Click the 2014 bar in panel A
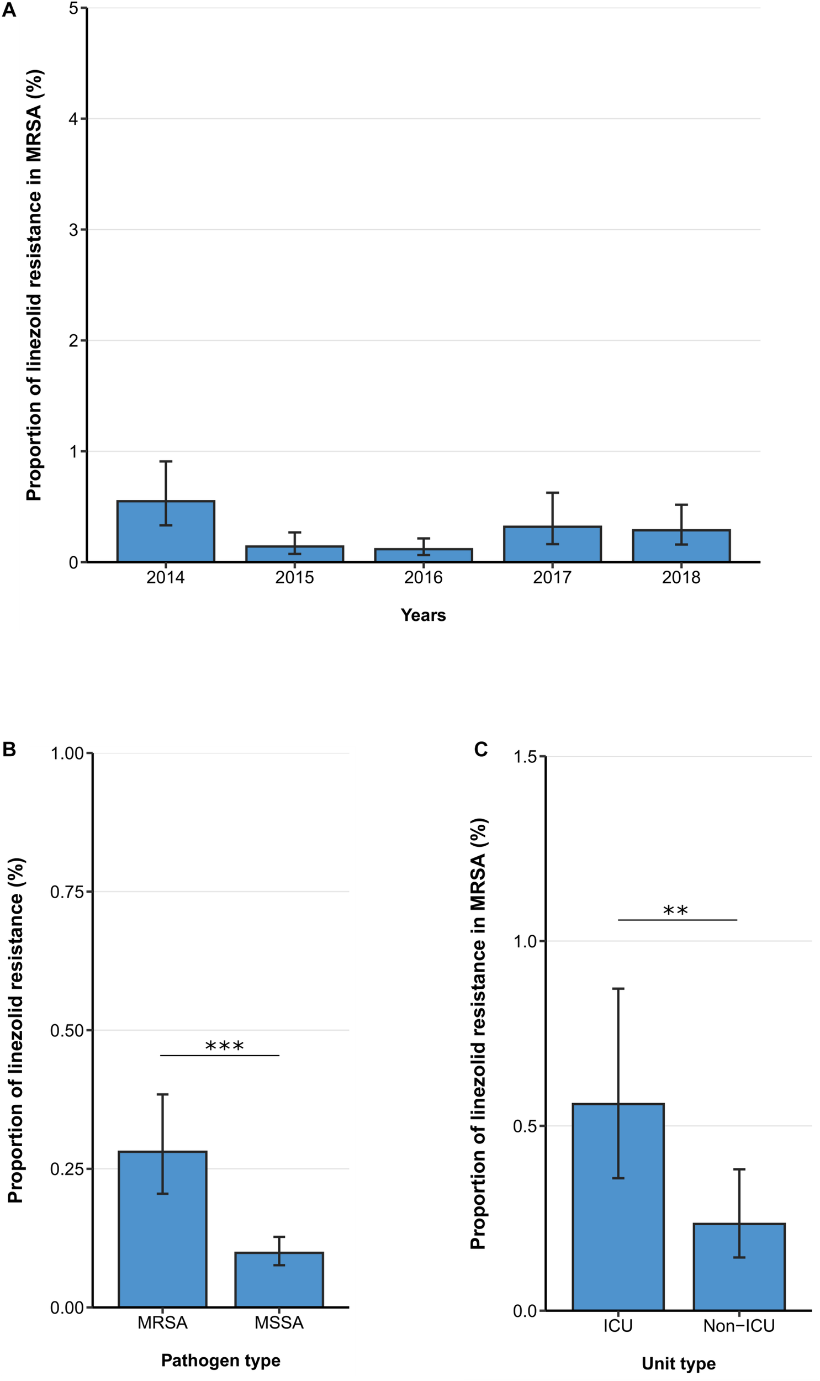(x=166, y=531)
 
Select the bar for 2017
(x=552, y=544)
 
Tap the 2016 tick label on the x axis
(x=424, y=577)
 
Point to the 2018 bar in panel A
(x=681, y=546)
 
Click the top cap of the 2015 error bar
(x=294, y=532)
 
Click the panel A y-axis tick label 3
(x=73, y=230)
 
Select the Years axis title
(x=424, y=615)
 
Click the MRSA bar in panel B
(x=162, y=1230)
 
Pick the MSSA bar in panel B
(x=279, y=1280)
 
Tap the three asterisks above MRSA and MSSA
(x=224, y=1046)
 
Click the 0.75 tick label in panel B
(x=67, y=892)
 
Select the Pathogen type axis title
(x=220, y=1360)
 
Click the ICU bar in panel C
(x=618, y=1208)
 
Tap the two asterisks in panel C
(x=675, y=910)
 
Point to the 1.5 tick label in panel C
(x=526, y=757)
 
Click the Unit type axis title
(x=679, y=1363)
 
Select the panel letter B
(x=9, y=750)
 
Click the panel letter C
(x=481, y=750)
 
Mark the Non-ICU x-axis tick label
(x=739, y=1326)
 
